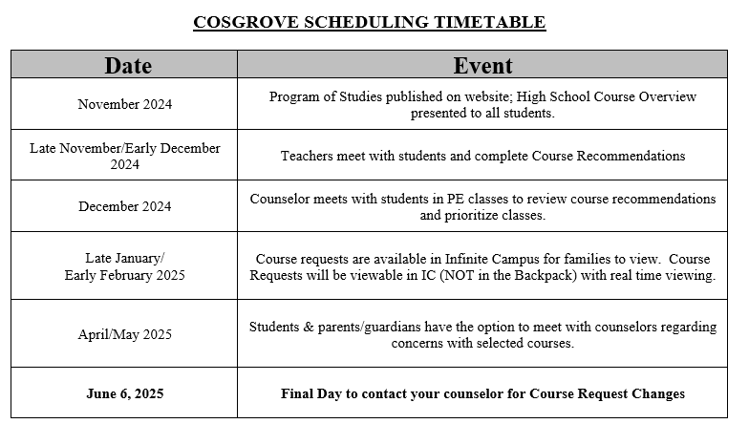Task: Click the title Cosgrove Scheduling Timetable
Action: pyautogui.click(x=369, y=22)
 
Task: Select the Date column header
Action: pyautogui.click(x=128, y=65)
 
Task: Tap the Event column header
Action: pyautogui.click(x=482, y=65)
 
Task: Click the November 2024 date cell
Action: pyautogui.click(x=125, y=104)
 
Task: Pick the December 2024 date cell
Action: pyautogui.click(x=125, y=206)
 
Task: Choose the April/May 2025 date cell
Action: pyautogui.click(x=125, y=334)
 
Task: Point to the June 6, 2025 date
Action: pyautogui.click(x=125, y=393)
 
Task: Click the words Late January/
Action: pyautogui.click(x=125, y=258)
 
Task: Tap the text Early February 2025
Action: pyautogui.click(x=125, y=275)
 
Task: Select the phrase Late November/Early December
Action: pyautogui.click(x=125, y=148)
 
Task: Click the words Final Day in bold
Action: pyautogui.click(x=311, y=393)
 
